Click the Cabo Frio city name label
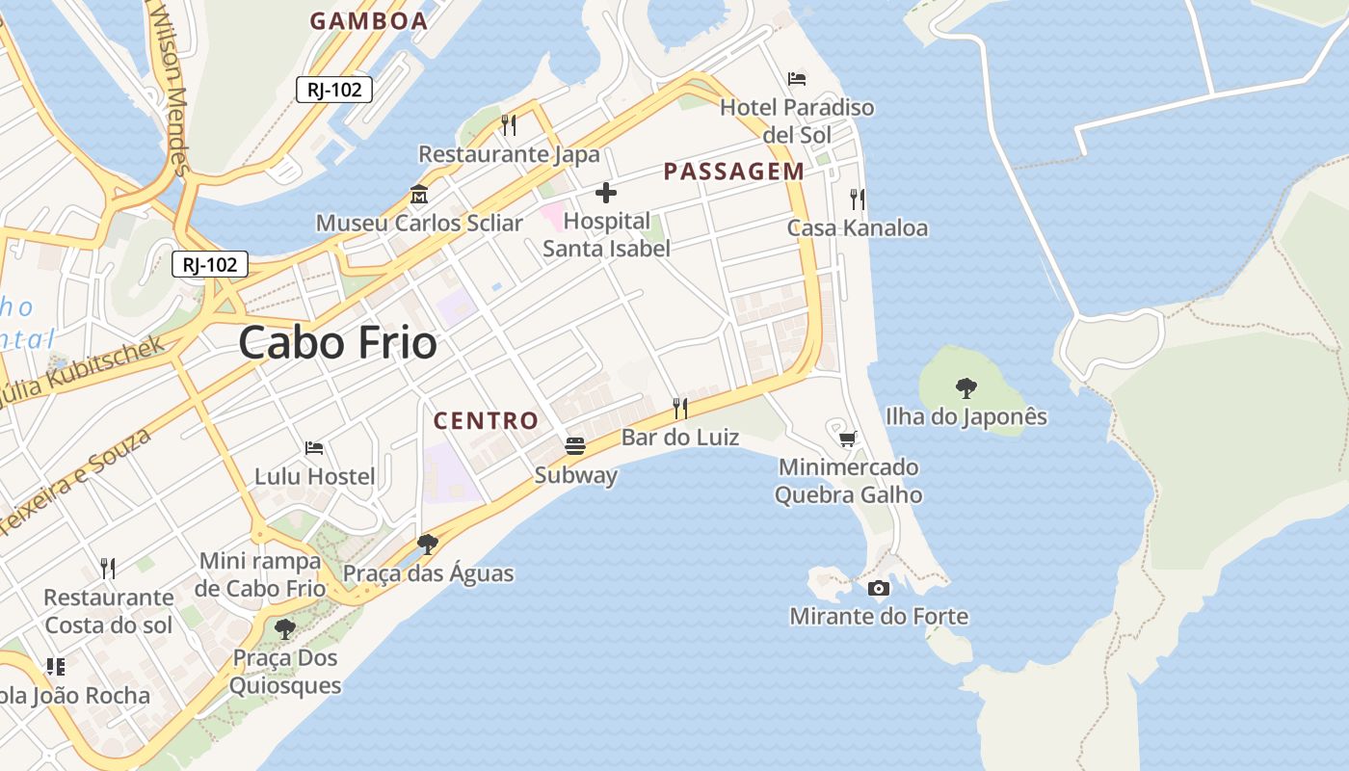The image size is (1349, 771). click(x=337, y=342)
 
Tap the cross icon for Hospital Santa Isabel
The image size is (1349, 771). click(x=606, y=194)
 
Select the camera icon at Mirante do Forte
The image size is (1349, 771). click(x=879, y=588)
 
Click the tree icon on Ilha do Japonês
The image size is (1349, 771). click(x=965, y=388)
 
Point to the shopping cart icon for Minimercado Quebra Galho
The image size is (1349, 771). click(x=848, y=439)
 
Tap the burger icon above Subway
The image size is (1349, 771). click(x=575, y=446)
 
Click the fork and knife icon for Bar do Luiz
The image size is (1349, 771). click(x=680, y=409)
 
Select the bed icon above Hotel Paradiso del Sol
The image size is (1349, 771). click(x=797, y=79)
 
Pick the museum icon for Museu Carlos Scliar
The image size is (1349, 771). click(x=419, y=195)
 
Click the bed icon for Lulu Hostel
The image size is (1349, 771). click(x=314, y=448)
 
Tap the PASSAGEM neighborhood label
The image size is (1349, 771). click(x=734, y=172)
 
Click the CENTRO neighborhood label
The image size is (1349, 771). click(x=486, y=420)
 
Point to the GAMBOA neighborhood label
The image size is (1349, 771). click(x=368, y=21)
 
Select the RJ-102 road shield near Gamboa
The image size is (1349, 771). click(x=334, y=90)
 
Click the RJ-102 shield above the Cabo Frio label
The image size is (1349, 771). click(x=210, y=264)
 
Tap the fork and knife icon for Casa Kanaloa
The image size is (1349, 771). click(x=858, y=199)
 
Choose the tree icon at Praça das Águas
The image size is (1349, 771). click(x=428, y=545)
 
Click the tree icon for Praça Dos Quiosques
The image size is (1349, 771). click(x=284, y=629)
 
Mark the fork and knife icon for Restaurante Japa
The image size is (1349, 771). click(x=509, y=125)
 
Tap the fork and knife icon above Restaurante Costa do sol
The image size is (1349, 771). click(x=108, y=569)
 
